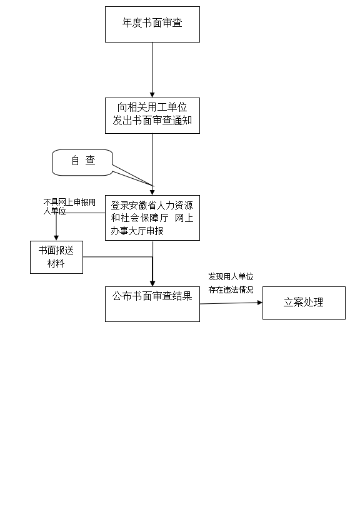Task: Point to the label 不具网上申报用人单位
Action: click(x=69, y=206)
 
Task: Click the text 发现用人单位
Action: click(x=231, y=276)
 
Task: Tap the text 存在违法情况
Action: click(x=231, y=290)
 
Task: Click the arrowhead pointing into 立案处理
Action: click(x=260, y=303)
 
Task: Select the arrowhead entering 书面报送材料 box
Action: click(x=56, y=238)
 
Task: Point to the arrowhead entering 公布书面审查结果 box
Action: click(x=152, y=283)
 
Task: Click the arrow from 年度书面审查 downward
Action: click(x=152, y=70)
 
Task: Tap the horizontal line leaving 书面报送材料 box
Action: click(x=117, y=256)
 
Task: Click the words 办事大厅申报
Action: click(x=137, y=231)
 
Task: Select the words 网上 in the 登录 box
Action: click(x=184, y=218)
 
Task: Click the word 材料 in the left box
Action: click(x=56, y=263)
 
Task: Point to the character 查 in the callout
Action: click(x=91, y=160)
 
